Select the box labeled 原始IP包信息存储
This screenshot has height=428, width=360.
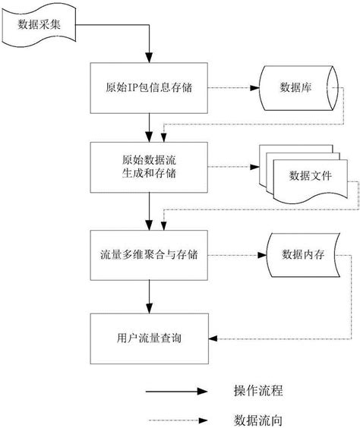150,88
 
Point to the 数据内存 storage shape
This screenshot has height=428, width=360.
302,253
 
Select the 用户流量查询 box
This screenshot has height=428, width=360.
150,337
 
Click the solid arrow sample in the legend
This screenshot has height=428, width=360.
174,392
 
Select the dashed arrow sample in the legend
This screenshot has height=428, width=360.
174,418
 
